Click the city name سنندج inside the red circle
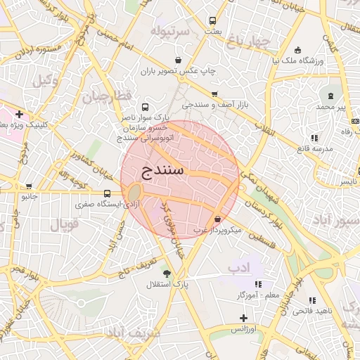coord(163,170)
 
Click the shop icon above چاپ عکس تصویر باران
coord(181,60)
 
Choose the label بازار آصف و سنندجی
coord(212,105)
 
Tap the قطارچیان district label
coord(107,97)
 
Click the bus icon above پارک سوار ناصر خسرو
coord(145,108)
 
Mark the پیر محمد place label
coord(332,106)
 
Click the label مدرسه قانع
coord(314,148)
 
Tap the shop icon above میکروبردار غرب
coord(217,219)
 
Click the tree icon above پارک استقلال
coord(167,274)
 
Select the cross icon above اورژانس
coord(243,319)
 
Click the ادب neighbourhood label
coord(239,268)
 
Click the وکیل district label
coord(45,79)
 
